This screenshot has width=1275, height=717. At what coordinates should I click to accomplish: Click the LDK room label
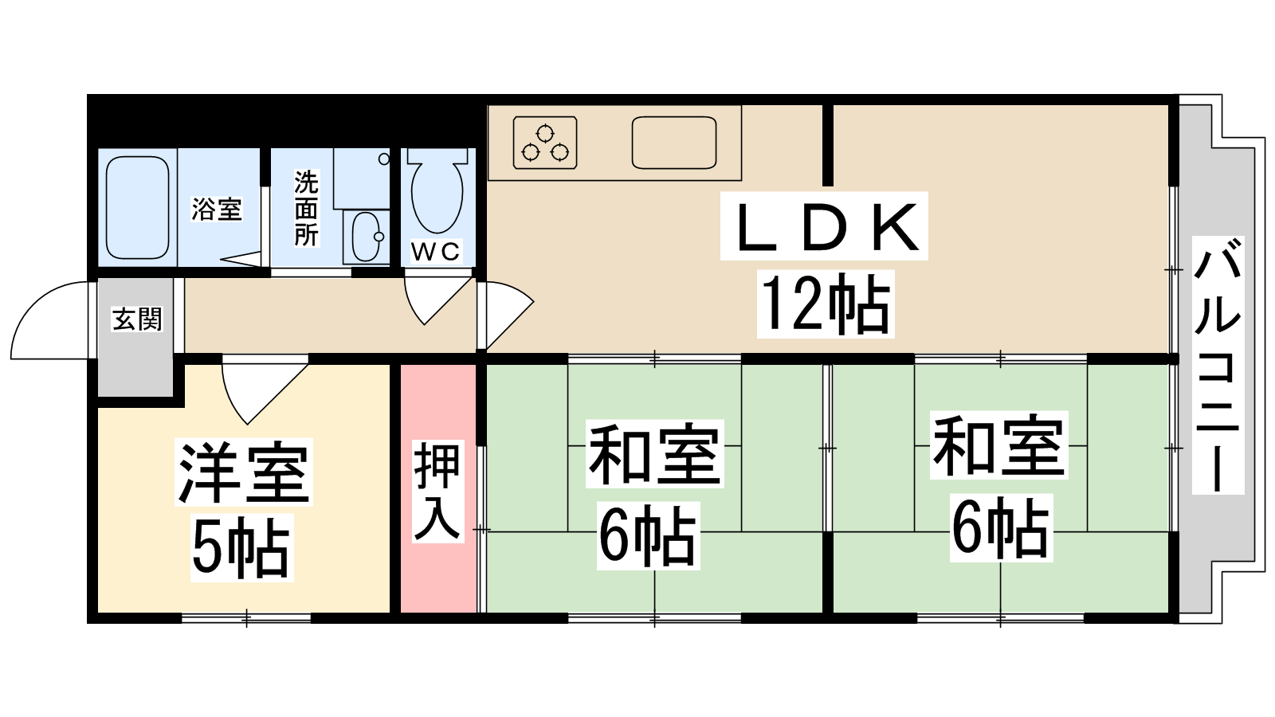(x=825, y=227)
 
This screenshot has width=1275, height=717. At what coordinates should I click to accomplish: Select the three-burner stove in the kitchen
(x=545, y=143)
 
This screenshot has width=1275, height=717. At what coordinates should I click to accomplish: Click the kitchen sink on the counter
(x=674, y=143)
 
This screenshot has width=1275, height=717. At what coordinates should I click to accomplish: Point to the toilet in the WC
(x=437, y=191)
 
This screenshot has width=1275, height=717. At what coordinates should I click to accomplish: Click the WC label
(x=435, y=252)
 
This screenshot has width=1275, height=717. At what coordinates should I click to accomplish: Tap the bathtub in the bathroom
(x=138, y=207)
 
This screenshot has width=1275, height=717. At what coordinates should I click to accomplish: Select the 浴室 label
(x=217, y=210)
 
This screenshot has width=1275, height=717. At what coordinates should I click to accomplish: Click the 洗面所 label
(x=306, y=209)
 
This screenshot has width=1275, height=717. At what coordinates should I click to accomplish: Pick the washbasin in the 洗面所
(x=367, y=237)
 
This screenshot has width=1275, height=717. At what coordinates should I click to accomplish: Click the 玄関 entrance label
(x=137, y=319)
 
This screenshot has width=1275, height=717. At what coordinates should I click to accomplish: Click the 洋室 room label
(x=244, y=472)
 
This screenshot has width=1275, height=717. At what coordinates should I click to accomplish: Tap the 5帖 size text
(x=241, y=548)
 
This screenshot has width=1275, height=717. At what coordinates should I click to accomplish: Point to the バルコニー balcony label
(x=1218, y=364)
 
